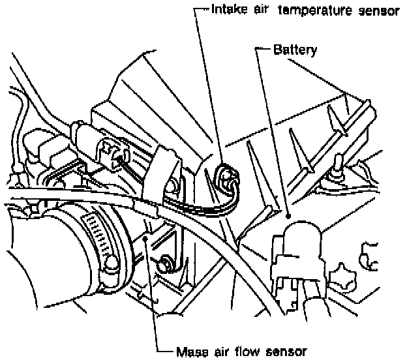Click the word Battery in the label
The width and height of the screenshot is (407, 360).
295,50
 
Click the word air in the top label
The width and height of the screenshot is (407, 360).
261,11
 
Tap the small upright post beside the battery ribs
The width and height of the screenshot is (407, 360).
339,163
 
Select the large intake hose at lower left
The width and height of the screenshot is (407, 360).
39,274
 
